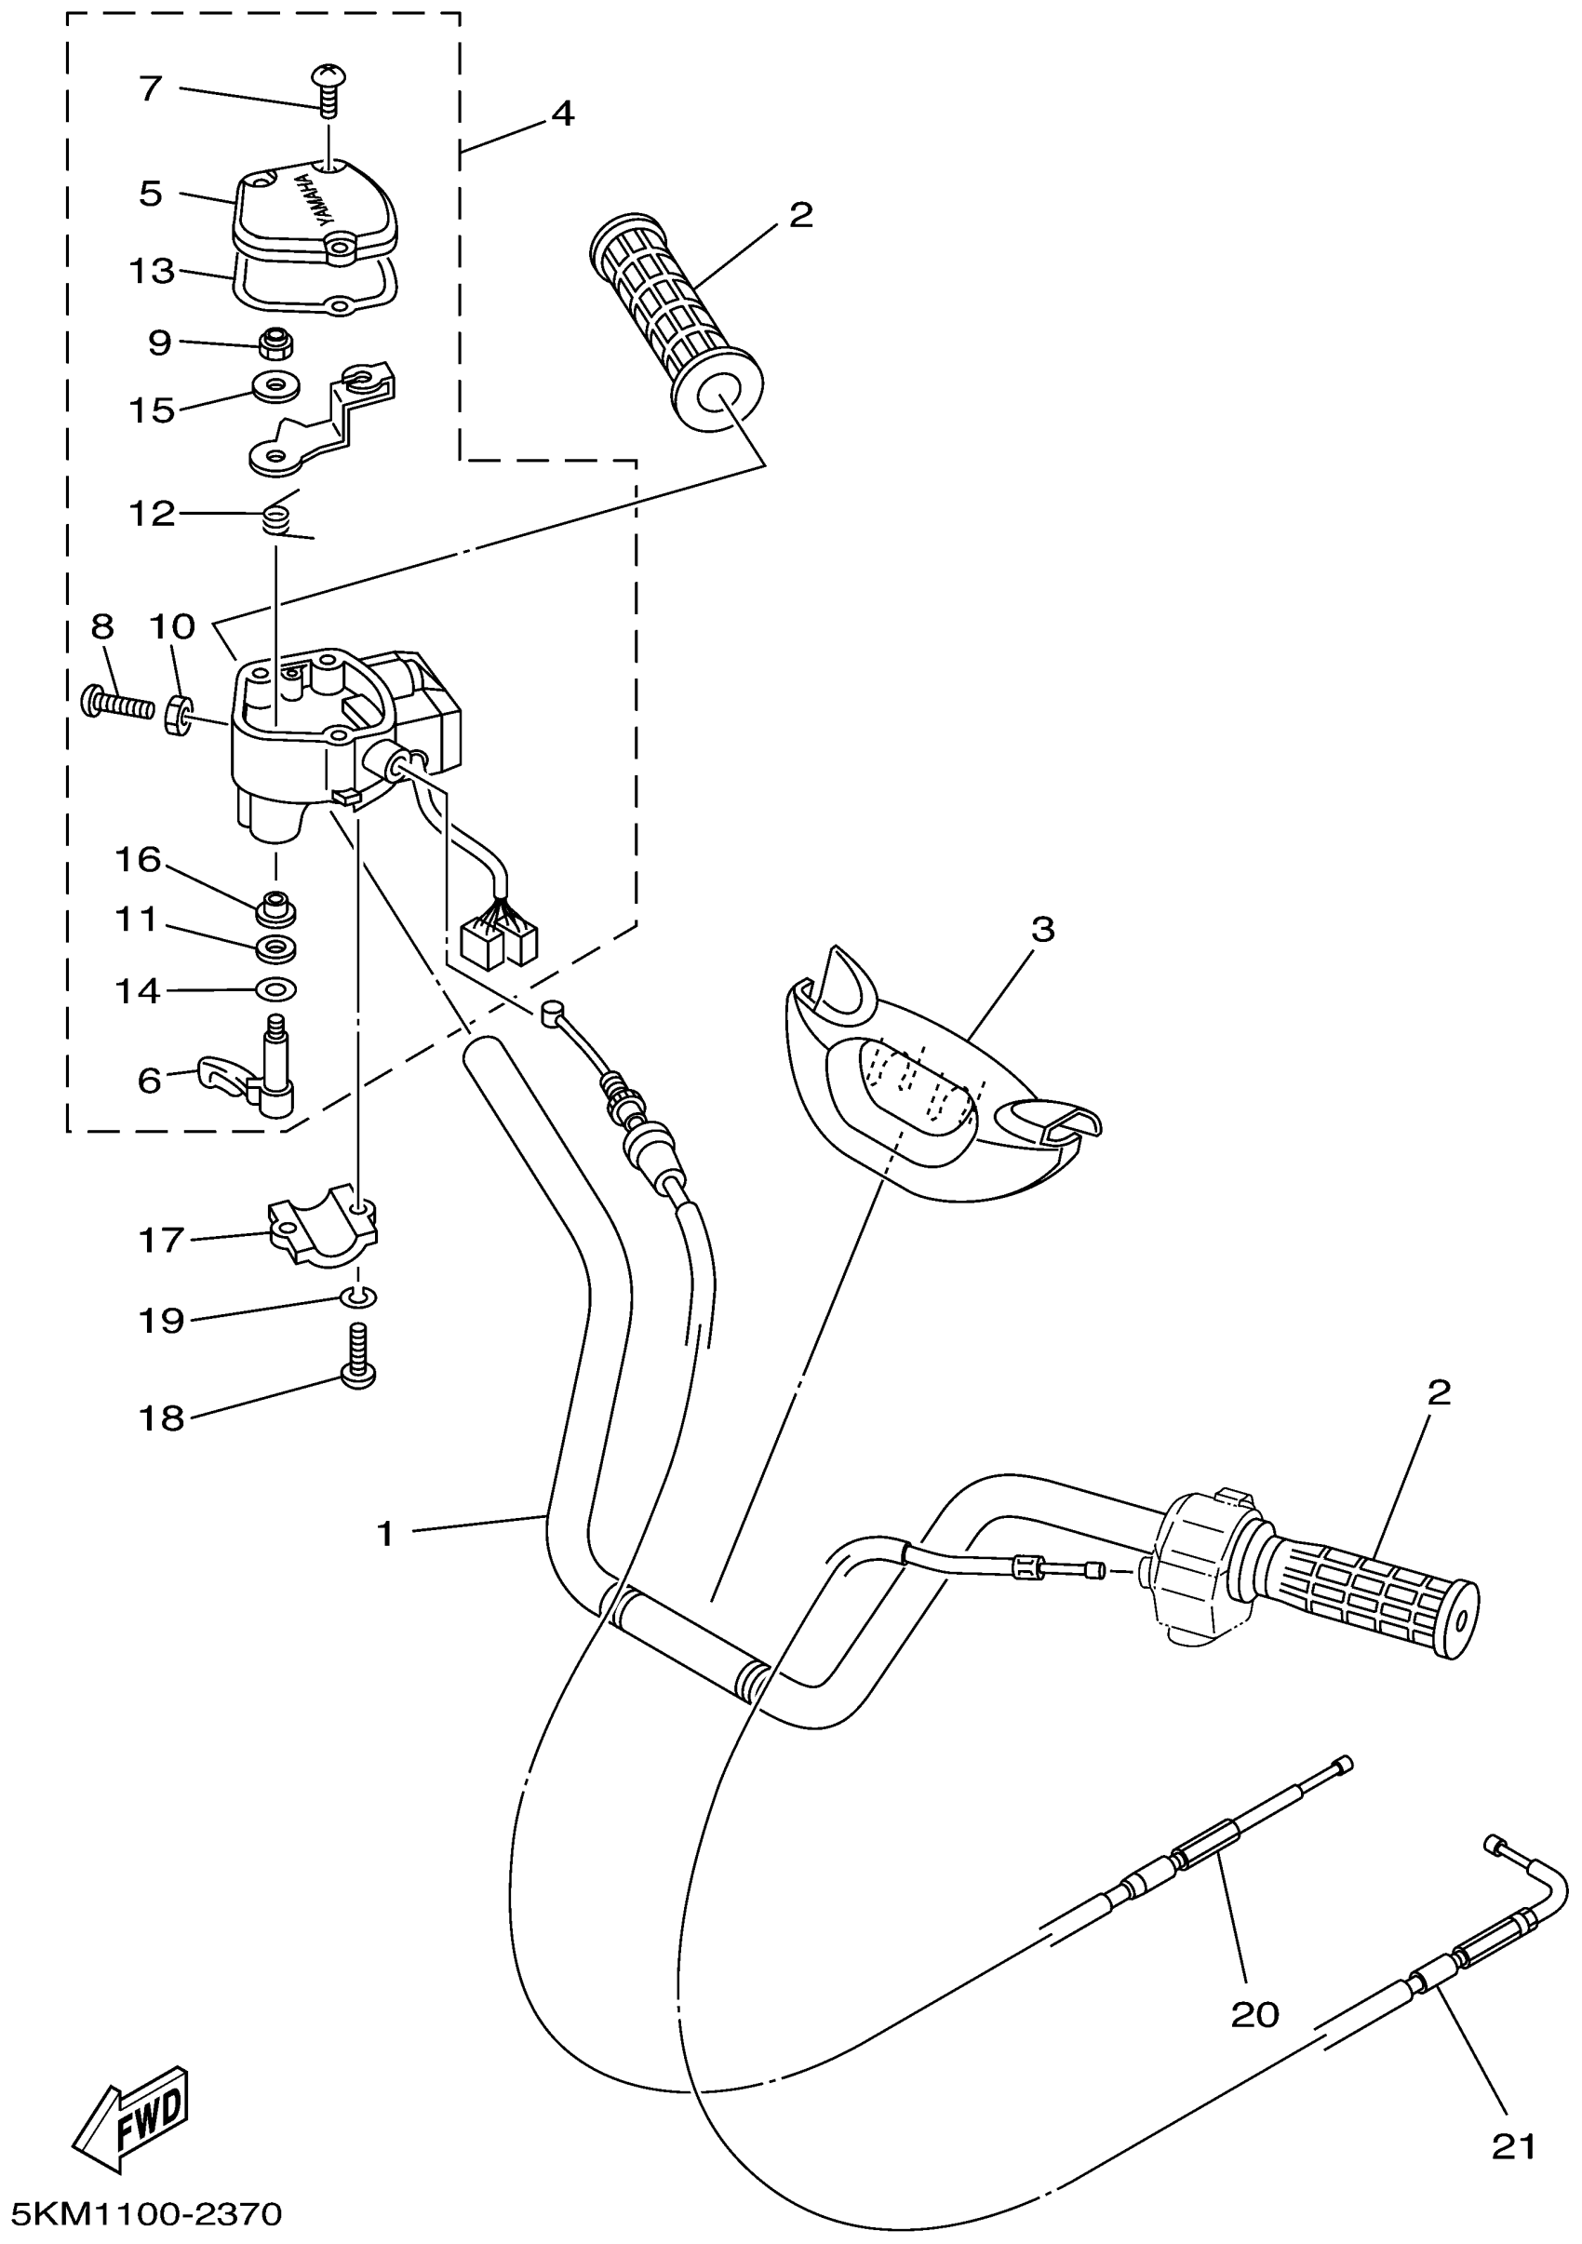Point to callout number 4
click(562, 115)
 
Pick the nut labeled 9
click(276, 343)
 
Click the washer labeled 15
click(275, 387)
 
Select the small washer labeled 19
click(358, 1297)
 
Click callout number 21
click(1513, 2146)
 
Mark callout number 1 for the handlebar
click(386, 1534)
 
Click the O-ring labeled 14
click(275, 989)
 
